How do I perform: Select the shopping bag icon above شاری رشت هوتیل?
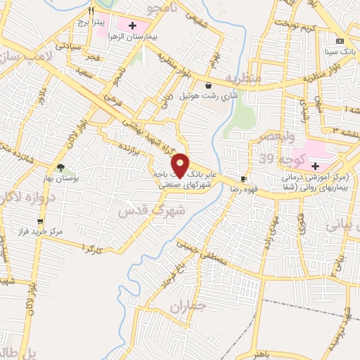pos(208,85)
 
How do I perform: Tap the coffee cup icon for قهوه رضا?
pos(243,179)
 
